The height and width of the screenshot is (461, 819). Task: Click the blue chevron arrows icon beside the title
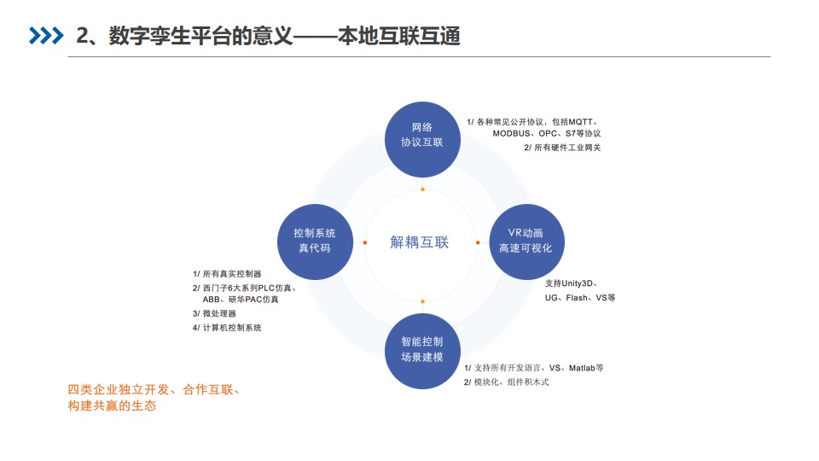coord(46,36)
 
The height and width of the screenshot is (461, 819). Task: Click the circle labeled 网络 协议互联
coord(422,139)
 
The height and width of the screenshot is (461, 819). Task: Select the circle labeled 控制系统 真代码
coord(315,242)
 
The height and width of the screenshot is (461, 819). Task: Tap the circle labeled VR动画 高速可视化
coord(526,242)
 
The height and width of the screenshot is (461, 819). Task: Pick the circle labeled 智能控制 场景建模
coord(422,351)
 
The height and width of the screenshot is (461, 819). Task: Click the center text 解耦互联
coord(420,242)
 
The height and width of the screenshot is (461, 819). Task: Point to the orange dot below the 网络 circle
coord(422,190)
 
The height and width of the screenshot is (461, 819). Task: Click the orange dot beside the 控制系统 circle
coord(364,242)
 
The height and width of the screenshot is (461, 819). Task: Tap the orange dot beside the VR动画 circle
coord(478,242)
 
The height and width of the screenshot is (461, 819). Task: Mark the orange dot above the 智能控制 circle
coord(422,301)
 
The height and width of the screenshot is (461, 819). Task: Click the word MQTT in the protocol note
coord(581,122)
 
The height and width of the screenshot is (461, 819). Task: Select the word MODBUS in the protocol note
coord(511,133)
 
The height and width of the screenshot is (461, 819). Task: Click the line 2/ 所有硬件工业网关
coord(562,148)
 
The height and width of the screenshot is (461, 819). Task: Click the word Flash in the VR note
coord(577,297)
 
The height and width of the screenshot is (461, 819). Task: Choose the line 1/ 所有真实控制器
coord(227,274)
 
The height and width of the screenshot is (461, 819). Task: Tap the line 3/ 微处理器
coord(214,313)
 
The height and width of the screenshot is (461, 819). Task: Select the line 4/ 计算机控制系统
coord(227,328)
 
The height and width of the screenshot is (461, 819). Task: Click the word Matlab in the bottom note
coord(582,368)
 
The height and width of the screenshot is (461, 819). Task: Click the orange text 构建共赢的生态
coord(112,406)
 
